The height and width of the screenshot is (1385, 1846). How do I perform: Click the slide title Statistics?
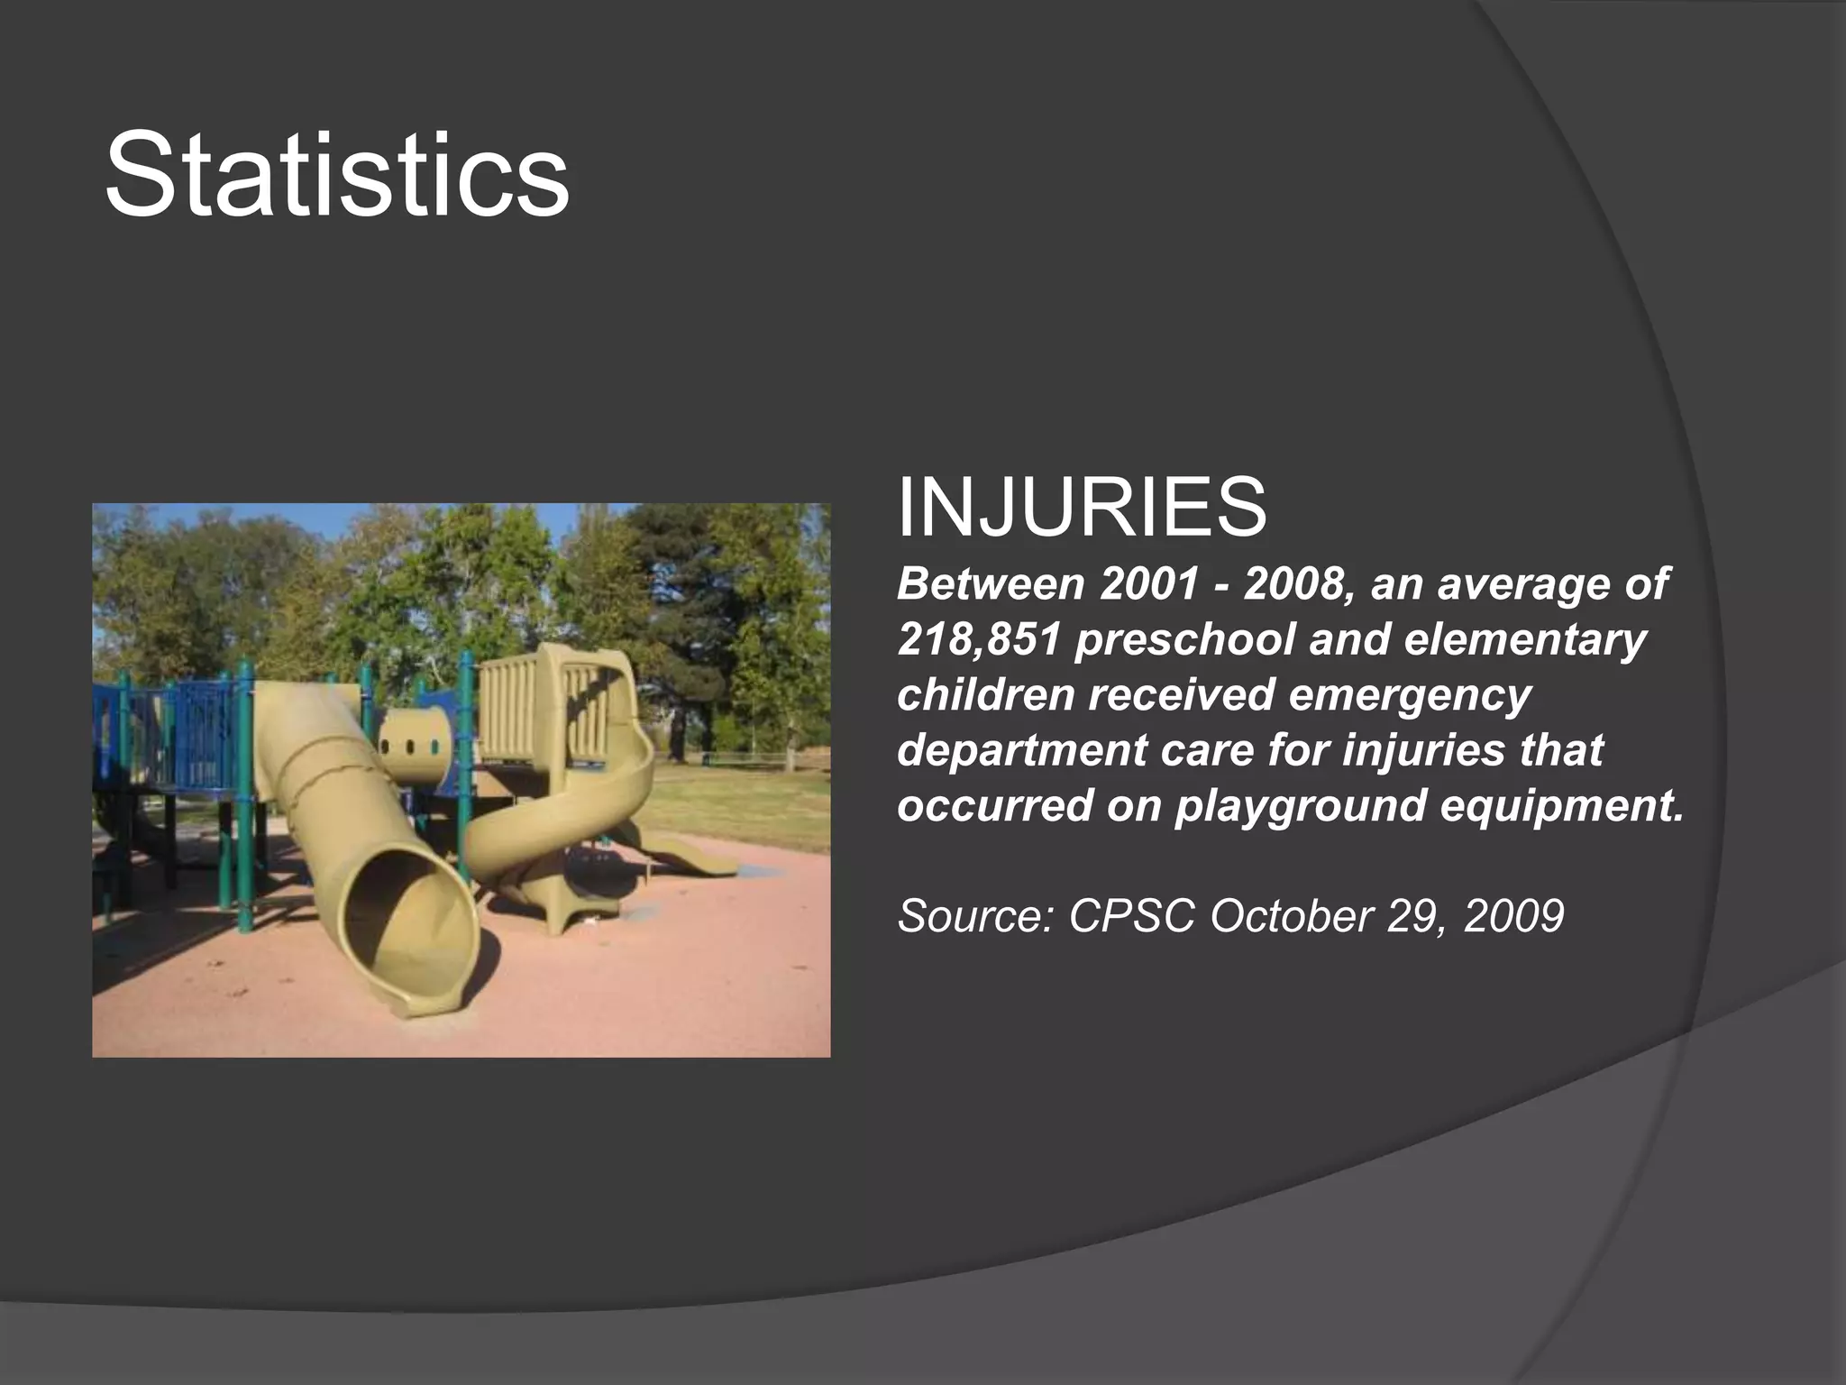pos(337,174)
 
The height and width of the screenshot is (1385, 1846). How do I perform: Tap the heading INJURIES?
pos(1082,508)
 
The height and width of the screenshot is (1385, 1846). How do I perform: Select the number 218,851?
pos(977,641)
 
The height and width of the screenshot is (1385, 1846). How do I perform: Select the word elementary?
pos(1524,641)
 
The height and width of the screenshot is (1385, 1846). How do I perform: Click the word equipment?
pos(1561,805)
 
